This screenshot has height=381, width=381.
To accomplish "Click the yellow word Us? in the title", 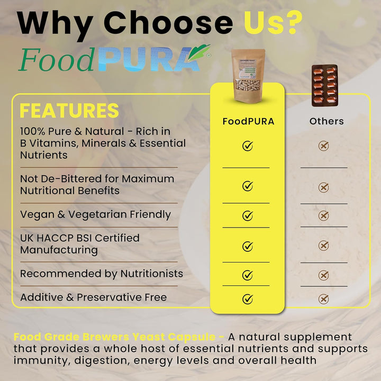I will click(x=273, y=23).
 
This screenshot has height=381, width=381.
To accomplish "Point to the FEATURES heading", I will click(x=69, y=111).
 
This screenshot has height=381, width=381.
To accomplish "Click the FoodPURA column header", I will click(x=248, y=121).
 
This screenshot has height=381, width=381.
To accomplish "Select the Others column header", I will click(x=326, y=121).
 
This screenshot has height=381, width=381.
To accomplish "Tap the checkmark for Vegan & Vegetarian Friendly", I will click(x=248, y=215).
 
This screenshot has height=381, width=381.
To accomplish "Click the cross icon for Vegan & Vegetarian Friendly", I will click(x=324, y=215).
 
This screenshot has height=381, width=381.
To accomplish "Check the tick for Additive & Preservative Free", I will click(x=248, y=299).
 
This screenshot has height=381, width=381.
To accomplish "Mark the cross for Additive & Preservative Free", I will click(x=324, y=299).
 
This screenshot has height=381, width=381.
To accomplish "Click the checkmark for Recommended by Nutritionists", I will click(x=248, y=275).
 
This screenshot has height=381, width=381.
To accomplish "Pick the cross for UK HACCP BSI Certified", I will click(x=324, y=246).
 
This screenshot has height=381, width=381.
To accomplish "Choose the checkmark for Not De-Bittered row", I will click(x=248, y=186).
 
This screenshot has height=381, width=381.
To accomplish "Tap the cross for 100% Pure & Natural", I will click(x=324, y=146).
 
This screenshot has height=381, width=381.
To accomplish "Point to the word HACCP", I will click(x=60, y=238).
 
